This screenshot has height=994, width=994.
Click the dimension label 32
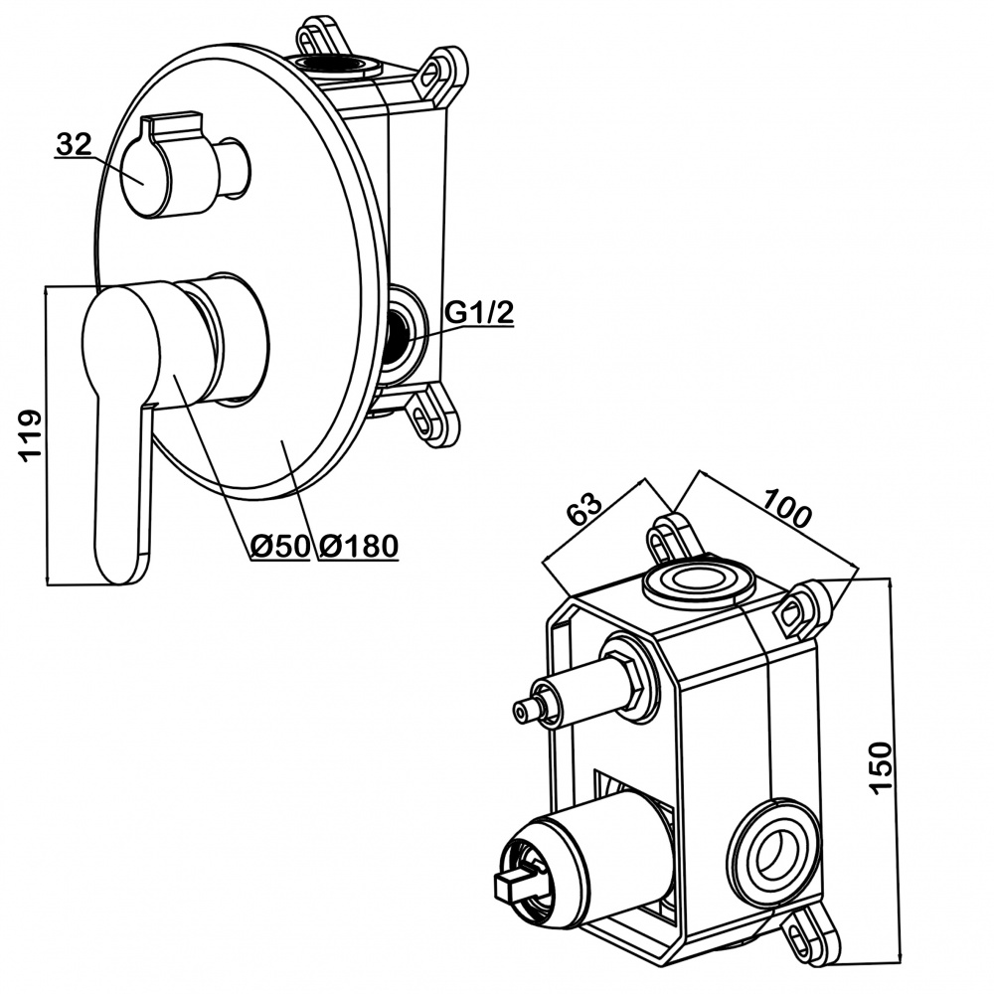pos(74,145)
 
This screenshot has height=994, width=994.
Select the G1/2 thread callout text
pos(478,312)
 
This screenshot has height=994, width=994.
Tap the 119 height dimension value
pos(30,434)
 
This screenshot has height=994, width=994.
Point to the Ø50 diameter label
pos(280,546)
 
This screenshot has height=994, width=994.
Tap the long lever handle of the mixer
pos(119,427)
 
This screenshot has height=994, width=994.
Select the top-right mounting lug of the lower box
pos(799,610)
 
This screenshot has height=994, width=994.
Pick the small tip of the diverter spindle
pos(524,710)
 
